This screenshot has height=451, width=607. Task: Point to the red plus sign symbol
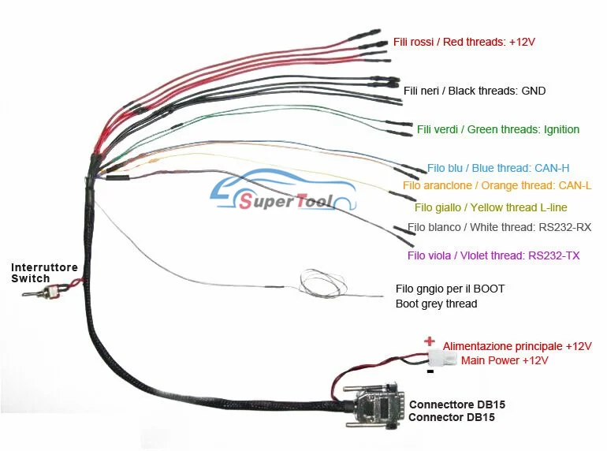click(x=429, y=341)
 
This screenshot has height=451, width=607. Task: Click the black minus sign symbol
click(x=429, y=370)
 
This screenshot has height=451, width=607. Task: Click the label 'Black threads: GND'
click(x=475, y=91)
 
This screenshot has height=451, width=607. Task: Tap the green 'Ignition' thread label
click(x=498, y=129)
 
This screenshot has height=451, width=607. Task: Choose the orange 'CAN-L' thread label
click(x=497, y=185)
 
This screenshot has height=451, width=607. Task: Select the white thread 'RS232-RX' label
click(x=499, y=228)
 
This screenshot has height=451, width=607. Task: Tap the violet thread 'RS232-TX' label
click(x=493, y=255)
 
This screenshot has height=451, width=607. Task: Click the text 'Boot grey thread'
click(x=436, y=304)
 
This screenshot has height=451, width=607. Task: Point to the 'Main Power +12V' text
click(x=505, y=360)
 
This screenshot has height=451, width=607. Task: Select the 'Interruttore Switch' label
click(x=44, y=273)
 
